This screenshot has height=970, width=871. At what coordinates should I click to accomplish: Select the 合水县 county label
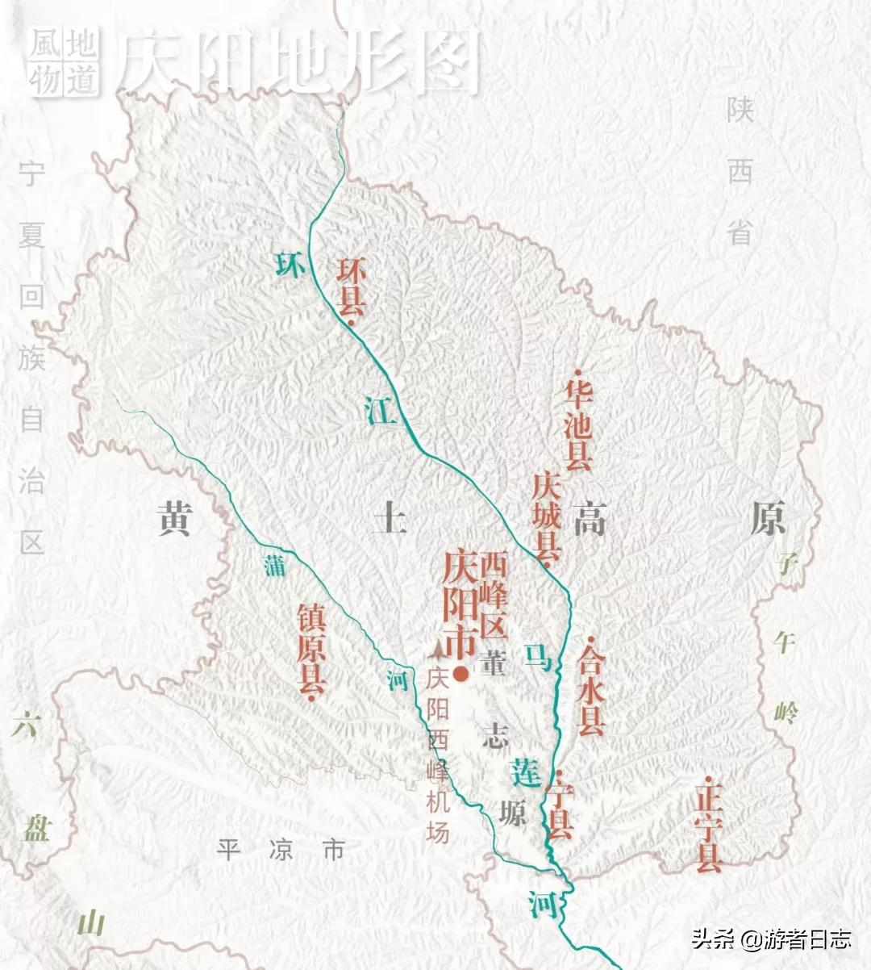(x=591, y=688)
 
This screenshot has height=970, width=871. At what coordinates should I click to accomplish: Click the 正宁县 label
(x=707, y=828)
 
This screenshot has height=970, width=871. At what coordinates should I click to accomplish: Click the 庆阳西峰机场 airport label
(x=437, y=755)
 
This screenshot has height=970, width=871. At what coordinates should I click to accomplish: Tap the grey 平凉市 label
(x=281, y=849)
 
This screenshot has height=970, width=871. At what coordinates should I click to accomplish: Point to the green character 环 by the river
(x=290, y=264)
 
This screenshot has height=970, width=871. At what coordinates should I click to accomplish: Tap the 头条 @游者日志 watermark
(x=770, y=939)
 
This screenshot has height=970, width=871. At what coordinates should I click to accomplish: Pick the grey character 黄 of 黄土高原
(x=174, y=518)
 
